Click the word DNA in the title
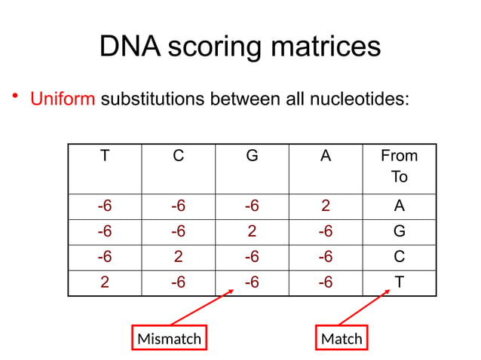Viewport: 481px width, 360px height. pos(130,47)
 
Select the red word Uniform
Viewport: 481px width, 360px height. pos(63,100)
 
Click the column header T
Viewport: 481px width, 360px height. pos(104,156)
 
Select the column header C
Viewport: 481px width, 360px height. pos(178,156)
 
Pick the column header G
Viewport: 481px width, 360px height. pos(252,156)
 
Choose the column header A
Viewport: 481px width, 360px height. pos(325,156)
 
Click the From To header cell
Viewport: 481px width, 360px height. pos(399,166)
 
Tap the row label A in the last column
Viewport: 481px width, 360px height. pos(399,206)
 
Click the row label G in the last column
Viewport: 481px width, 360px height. pos(399,231)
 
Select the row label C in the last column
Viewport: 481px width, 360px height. pos(399,257)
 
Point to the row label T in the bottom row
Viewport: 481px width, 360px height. pos(399,282)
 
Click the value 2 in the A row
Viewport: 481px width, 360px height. pos(325,206)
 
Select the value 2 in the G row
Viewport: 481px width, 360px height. pos(252,231)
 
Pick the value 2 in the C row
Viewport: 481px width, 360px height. pos(178,257)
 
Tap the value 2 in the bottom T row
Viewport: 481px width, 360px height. pos(104,282)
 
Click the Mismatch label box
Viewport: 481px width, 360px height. pos(170,339)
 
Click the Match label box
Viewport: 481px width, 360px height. pos(342,339)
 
